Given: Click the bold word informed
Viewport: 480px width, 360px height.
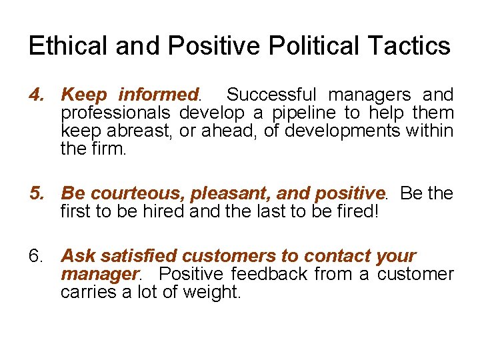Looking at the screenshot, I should point(159,95).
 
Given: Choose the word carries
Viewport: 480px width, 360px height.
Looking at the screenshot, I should point(85,292).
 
